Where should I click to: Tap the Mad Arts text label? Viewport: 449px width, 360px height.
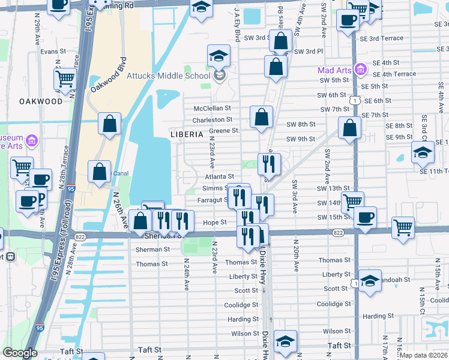coord(334,70)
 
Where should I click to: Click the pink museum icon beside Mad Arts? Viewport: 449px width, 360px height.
coord(360,70)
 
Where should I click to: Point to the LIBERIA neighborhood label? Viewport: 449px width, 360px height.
coord(187,134)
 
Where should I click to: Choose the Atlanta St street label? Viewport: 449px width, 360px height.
coord(218,176)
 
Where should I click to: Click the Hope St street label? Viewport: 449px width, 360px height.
coord(214,222)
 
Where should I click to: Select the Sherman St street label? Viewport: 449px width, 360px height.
coord(152,249)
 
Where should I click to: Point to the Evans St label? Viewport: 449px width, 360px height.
coord(53,52)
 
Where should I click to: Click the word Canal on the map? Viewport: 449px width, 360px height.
coord(121,173)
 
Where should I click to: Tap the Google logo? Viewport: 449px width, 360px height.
coord(20,353)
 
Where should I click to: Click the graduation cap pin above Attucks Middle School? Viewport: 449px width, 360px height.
coord(218,56)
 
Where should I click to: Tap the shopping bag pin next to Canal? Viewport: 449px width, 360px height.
coord(99,172)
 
